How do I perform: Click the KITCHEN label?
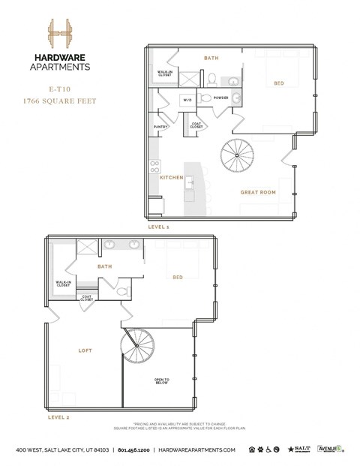point(172,177)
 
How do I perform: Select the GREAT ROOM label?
point(258,192)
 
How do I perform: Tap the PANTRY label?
point(160,128)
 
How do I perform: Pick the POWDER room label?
point(221,98)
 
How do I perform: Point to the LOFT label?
point(85,350)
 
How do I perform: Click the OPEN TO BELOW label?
point(162,381)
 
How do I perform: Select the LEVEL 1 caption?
point(158,225)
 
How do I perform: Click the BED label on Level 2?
point(178,277)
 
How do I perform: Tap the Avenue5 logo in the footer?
point(330,449)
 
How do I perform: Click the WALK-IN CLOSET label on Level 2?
point(63,284)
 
